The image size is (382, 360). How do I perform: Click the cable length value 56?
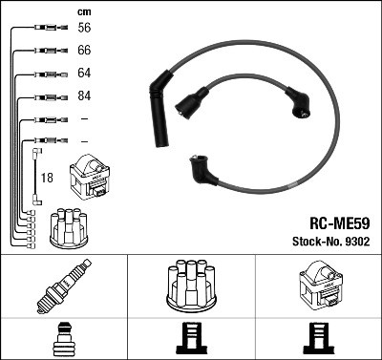click(x=83, y=29)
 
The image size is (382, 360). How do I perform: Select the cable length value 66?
click(x=83, y=51)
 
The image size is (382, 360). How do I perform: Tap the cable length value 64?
click(x=83, y=74)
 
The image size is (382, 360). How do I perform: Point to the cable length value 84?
click(x=83, y=96)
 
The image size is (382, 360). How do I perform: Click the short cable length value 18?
click(x=48, y=178)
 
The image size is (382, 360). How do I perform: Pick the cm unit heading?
click(x=82, y=11)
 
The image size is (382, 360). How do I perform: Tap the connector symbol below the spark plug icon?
click(x=63, y=340)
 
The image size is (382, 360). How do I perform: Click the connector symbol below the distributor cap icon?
click(x=191, y=340)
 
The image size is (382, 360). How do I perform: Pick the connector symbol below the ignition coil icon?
click(x=317, y=340)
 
